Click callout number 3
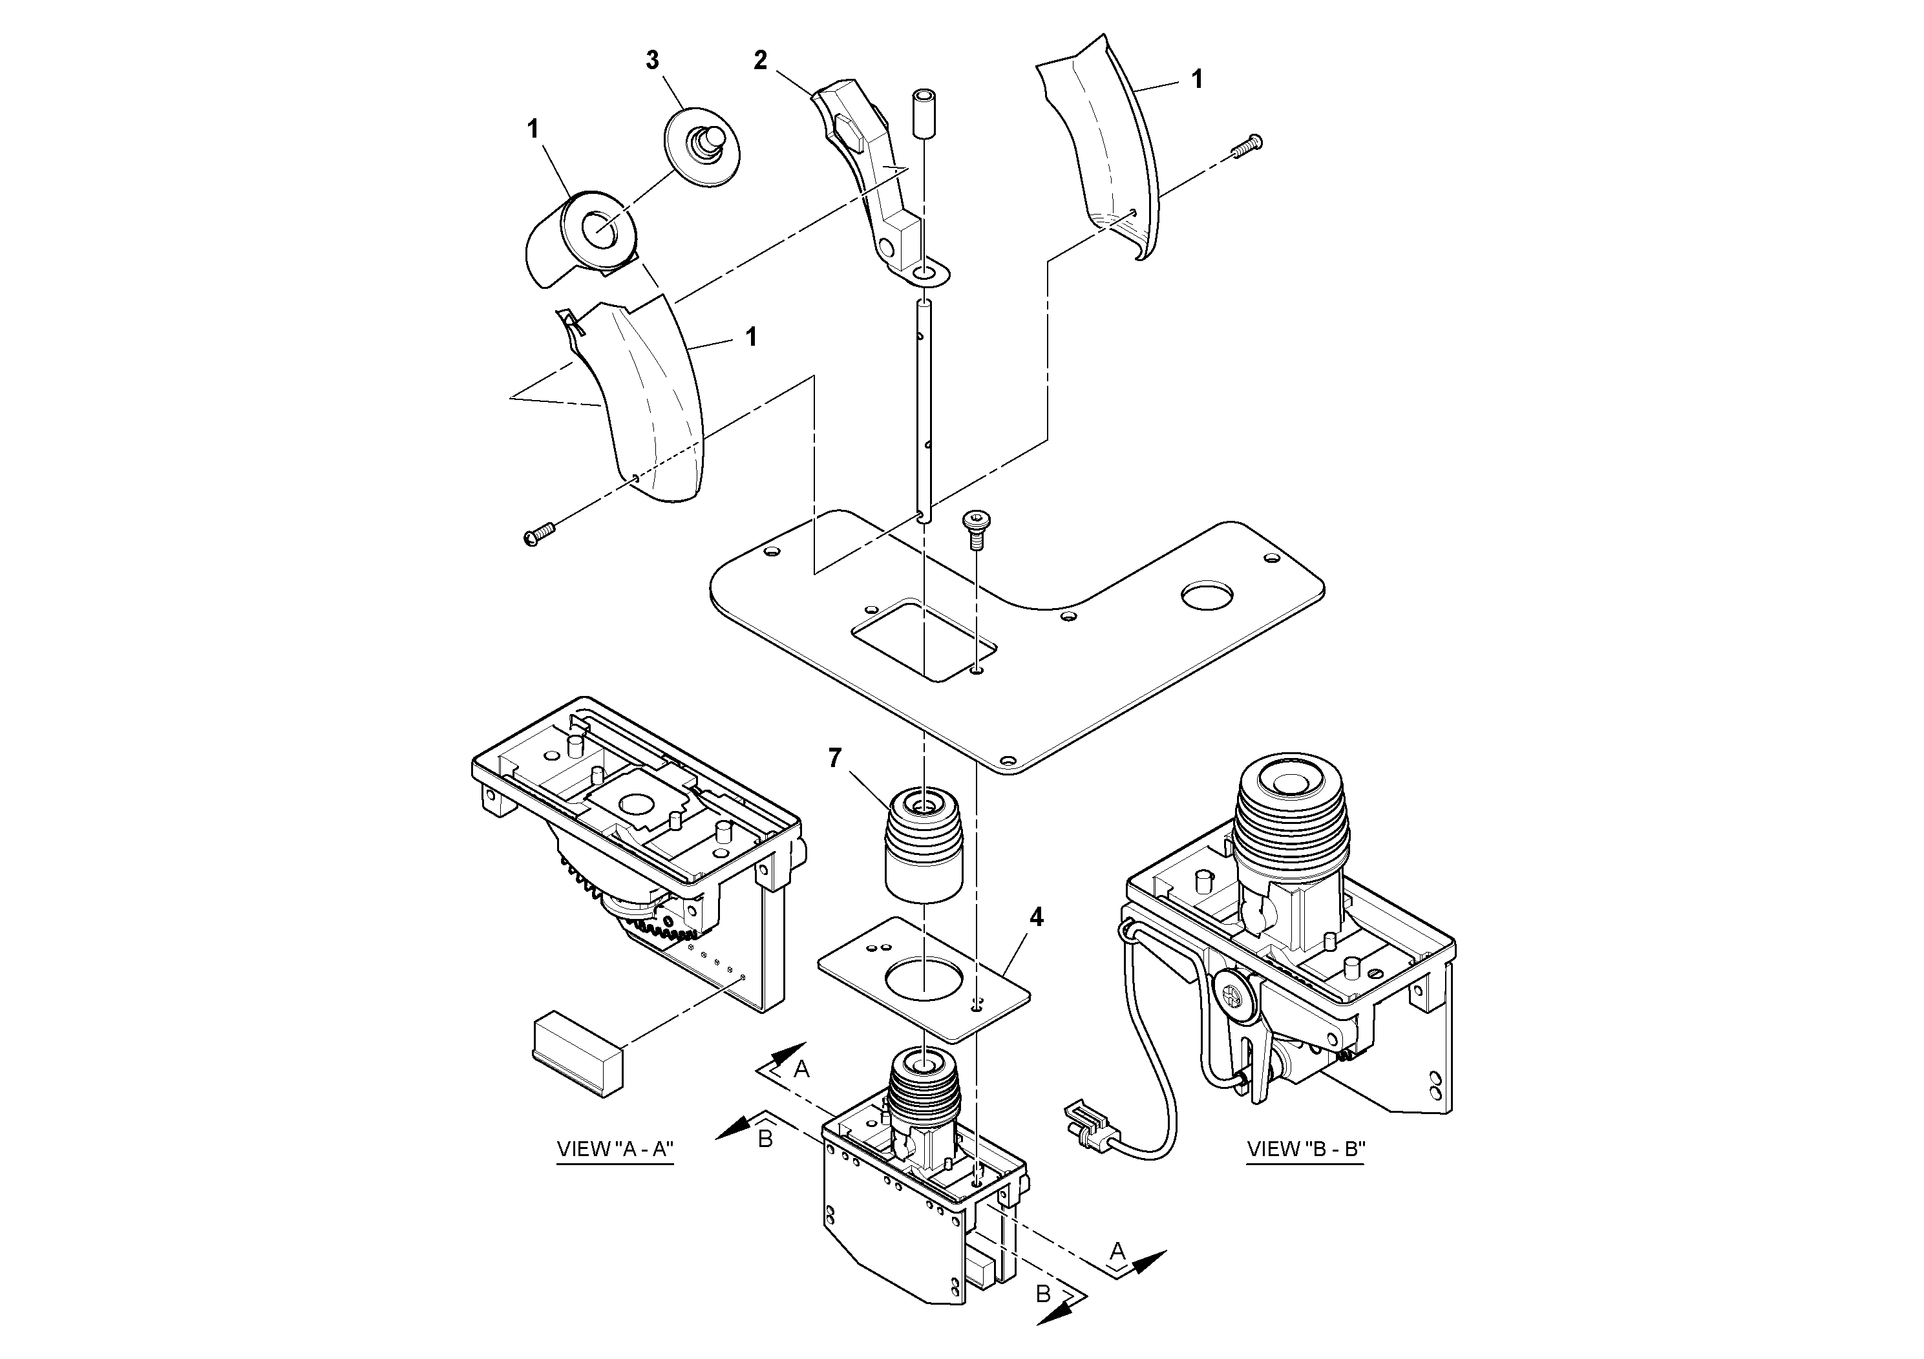pyautogui.click(x=652, y=60)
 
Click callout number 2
pyautogui.click(x=760, y=60)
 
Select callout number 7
pyautogui.click(x=834, y=757)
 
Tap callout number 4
pyautogui.click(x=1037, y=918)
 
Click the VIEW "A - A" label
pyautogui.click(x=615, y=1149)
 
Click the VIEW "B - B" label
pyautogui.click(x=1306, y=1149)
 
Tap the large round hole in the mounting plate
pyautogui.click(x=1207, y=596)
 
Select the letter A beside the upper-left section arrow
pyautogui.click(x=801, y=1068)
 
